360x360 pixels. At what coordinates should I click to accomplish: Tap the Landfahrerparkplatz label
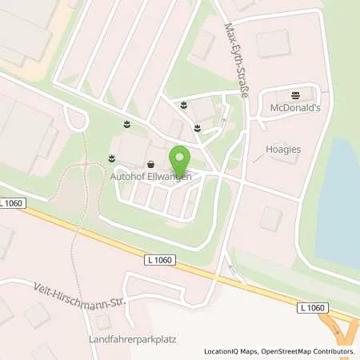tap(133, 338)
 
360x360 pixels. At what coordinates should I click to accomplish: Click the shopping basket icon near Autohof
tap(150, 165)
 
